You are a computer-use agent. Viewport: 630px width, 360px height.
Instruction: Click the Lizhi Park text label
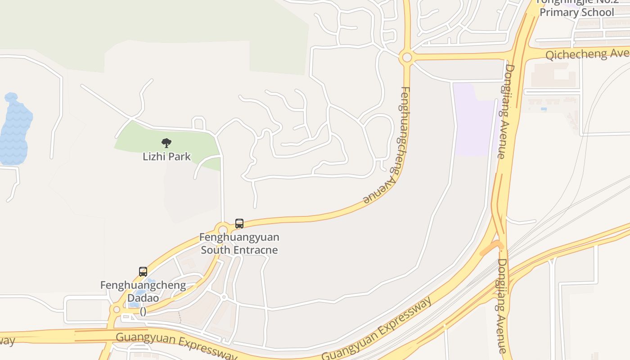[x=166, y=157]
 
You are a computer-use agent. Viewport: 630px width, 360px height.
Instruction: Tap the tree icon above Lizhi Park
[x=166, y=143]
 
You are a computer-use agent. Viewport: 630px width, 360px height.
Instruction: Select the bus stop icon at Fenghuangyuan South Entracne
[x=239, y=223]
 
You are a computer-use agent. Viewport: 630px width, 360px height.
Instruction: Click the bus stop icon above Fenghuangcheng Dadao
[x=143, y=271]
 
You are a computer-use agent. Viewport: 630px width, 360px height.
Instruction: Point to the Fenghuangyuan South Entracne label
[x=239, y=243]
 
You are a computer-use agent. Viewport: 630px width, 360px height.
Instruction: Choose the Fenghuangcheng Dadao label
[x=143, y=292]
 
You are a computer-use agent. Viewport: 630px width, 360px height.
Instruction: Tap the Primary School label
[x=577, y=12]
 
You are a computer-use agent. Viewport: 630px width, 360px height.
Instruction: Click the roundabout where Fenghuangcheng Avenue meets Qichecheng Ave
[x=407, y=57]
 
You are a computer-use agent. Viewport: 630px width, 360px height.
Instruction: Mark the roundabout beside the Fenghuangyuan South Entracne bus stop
[x=222, y=229]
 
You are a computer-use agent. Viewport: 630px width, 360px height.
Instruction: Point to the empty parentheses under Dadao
[x=143, y=311]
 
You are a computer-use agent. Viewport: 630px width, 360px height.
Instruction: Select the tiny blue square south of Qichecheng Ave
[x=544, y=109]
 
